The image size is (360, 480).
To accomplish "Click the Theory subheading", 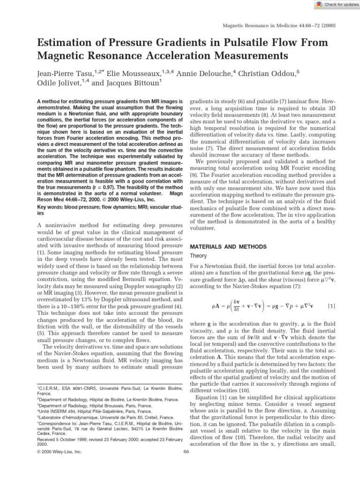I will click(x=198, y=256).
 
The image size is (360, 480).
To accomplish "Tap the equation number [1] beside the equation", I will click(x=331, y=306).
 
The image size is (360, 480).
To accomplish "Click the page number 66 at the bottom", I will click(x=186, y=452).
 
